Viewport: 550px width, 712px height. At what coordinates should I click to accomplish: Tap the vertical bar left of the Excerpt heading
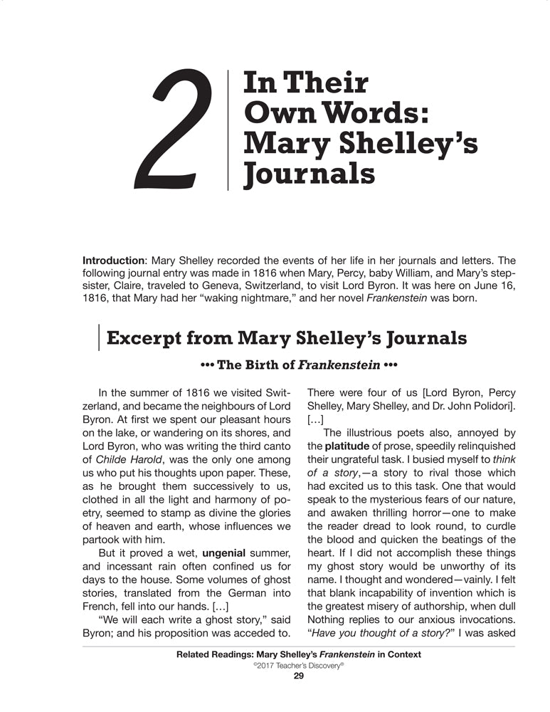point(98,337)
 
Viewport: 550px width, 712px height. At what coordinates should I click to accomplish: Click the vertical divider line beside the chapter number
point(228,130)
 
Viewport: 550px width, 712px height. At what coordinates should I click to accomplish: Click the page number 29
point(299,676)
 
